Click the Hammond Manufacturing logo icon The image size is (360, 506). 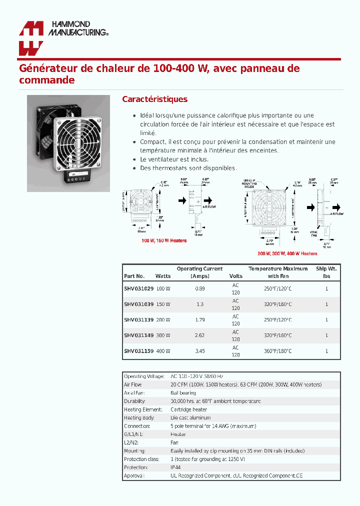(30, 38)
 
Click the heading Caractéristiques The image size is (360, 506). (154, 99)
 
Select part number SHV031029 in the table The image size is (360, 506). (138, 289)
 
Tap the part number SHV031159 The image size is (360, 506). (138, 351)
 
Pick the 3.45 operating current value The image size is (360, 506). (199, 351)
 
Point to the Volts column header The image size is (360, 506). (235, 276)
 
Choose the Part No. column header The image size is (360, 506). (134, 276)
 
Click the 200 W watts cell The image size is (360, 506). (163, 320)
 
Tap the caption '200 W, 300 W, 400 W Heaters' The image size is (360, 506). (286, 253)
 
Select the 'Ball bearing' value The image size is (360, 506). (183, 393)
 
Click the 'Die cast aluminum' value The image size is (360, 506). (190, 417)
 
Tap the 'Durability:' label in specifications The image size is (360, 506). (134, 401)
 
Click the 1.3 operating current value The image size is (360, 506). (199, 304)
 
